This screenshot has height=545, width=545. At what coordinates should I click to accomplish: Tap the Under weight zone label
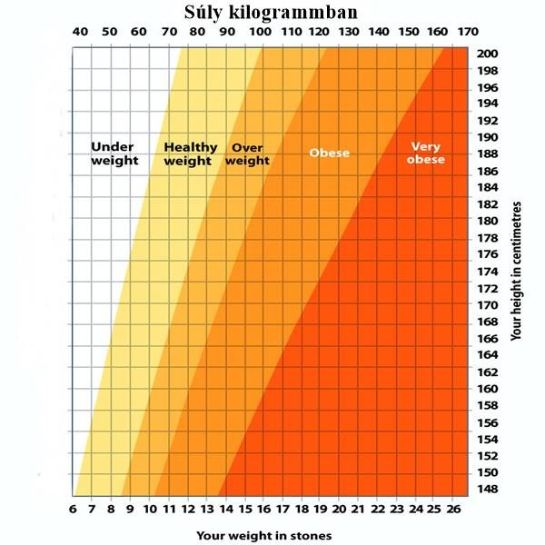tap(114, 154)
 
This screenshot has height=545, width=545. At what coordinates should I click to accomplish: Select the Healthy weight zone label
tap(191, 154)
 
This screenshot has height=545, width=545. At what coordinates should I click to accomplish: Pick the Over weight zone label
tap(247, 154)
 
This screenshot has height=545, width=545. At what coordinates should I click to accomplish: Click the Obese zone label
tap(329, 153)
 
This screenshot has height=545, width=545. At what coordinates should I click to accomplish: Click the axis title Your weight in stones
tap(263, 535)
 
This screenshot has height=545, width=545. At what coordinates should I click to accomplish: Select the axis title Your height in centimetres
tap(517, 272)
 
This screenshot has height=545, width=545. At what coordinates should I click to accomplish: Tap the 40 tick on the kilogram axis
tap(80, 33)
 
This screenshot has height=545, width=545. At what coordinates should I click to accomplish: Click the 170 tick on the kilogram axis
tap(467, 33)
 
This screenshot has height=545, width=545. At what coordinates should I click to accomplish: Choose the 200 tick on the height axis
tap(487, 54)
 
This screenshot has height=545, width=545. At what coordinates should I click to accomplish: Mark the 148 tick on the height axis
tap(487, 490)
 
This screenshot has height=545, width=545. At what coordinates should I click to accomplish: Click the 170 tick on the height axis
tap(487, 305)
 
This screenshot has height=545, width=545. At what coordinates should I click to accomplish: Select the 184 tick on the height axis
tap(487, 187)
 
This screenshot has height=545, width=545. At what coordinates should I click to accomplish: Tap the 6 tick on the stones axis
tap(72, 510)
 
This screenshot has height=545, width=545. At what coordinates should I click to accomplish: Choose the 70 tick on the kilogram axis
tap(169, 33)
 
